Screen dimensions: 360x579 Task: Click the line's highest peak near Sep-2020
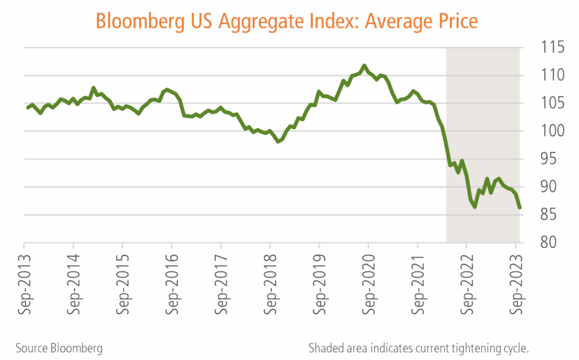(364, 66)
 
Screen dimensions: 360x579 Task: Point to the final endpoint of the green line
(519, 207)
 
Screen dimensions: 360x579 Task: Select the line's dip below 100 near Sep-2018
(278, 141)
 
